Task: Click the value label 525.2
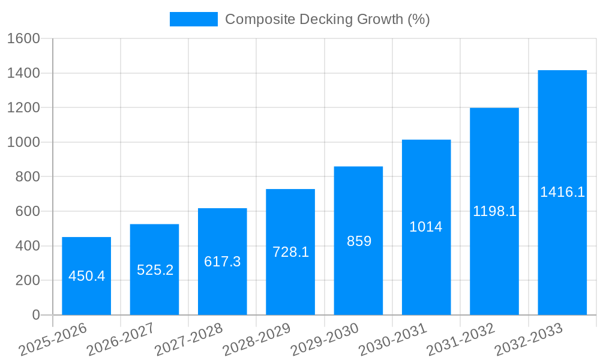pyautogui.click(x=155, y=270)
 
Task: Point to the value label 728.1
pyautogui.click(x=290, y=252)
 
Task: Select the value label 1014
pyautogui.click(x=426, y=227)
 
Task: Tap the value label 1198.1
pyautogui.click(x=494, y=211)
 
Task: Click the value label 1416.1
pyautogui.click(x=562, y=192)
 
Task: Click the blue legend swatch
pyautogui.click(x=193, y=19)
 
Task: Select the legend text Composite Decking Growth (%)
pyautogui.click(x=328, y=19)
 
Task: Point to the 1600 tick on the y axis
pyautogui.click(x=23, y=38)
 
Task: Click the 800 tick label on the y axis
pyautogui.click(x=27, y=177)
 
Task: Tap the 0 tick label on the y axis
pyautogui.click(x=35, y=315)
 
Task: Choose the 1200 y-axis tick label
pyautogui.click(x=23, y=108)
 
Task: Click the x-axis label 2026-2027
pyautogui.click(x=121, y=340)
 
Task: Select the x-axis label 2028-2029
pyautogui.click(x=257, y=340)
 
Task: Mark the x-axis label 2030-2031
pyautogui.click(x=392, y=340)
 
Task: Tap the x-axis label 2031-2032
pyautogui.click(x=461, y=340)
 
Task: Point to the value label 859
pyautogui.click(x=359, y=241)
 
